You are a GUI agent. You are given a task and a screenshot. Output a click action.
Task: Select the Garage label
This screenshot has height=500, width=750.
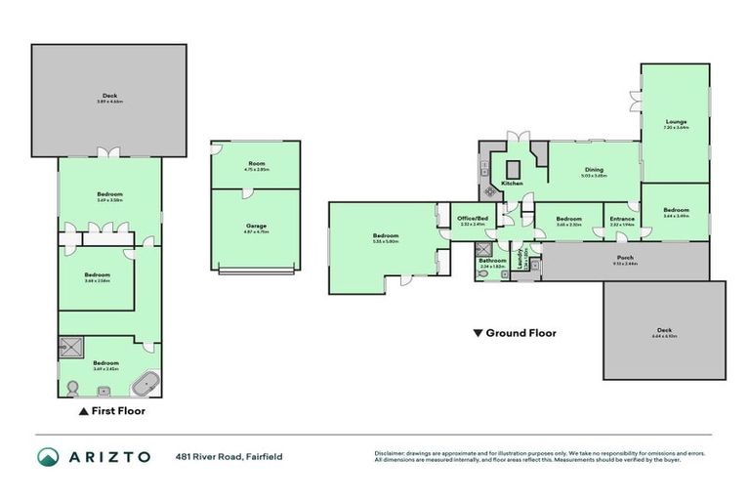[x=256, y=226]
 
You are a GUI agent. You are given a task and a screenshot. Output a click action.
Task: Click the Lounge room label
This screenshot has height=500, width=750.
[x=676, y=122]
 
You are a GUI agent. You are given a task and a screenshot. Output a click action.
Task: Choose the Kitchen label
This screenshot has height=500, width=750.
[x=513, y=184]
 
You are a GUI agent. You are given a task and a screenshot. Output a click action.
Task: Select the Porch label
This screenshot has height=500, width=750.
[x=625, y=258]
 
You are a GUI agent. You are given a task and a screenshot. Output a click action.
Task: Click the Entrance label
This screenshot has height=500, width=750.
[x=622, y=219]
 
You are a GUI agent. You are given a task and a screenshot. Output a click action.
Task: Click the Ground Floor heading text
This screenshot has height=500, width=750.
[x=521, y=333]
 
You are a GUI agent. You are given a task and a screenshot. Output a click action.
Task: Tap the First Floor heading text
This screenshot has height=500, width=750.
[x=117, y=411]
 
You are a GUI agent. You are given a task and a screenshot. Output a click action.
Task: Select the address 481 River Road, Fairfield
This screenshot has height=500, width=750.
[x=227, y=456]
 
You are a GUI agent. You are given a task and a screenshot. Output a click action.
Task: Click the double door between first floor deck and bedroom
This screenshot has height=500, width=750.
[x=110, y=153]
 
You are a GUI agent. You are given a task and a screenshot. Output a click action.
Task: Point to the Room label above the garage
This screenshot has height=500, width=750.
[x=256, y=163]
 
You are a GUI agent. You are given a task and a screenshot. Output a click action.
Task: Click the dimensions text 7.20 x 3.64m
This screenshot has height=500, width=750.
[x=676, y=128]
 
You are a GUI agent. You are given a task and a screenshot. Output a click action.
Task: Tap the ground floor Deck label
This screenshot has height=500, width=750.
[x=664, y=330]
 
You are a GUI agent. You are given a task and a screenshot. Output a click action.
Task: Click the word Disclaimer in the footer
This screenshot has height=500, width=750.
[x=390, y=453]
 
